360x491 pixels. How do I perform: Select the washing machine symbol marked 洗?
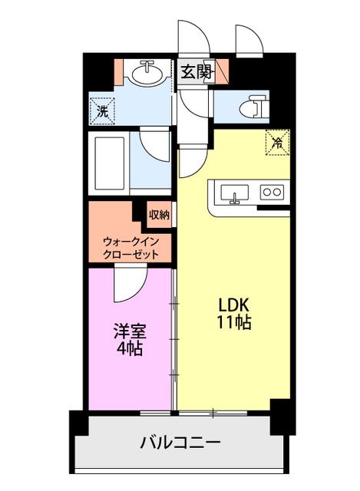[x=102, y=110]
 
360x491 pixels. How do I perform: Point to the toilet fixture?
[x=254, y=106]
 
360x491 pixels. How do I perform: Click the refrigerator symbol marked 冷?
[x=278, y=143]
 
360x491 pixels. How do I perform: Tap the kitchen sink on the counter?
[x=234, y=194]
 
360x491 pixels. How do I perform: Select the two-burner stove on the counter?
[x=272, y=192]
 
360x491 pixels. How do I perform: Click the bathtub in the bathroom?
[x=109, y=163]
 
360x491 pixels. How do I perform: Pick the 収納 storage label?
[x=159, y=215]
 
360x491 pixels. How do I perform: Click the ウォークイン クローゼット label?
[x=130, y=248]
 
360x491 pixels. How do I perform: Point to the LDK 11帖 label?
[x=234, y=313]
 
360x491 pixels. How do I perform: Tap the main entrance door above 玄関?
[x=193, y=37]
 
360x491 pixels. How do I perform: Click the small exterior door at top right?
[x=249, y=40]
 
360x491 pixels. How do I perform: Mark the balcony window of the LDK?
[x=213, y=413]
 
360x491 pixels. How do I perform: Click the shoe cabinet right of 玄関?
[x=223, y=71]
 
